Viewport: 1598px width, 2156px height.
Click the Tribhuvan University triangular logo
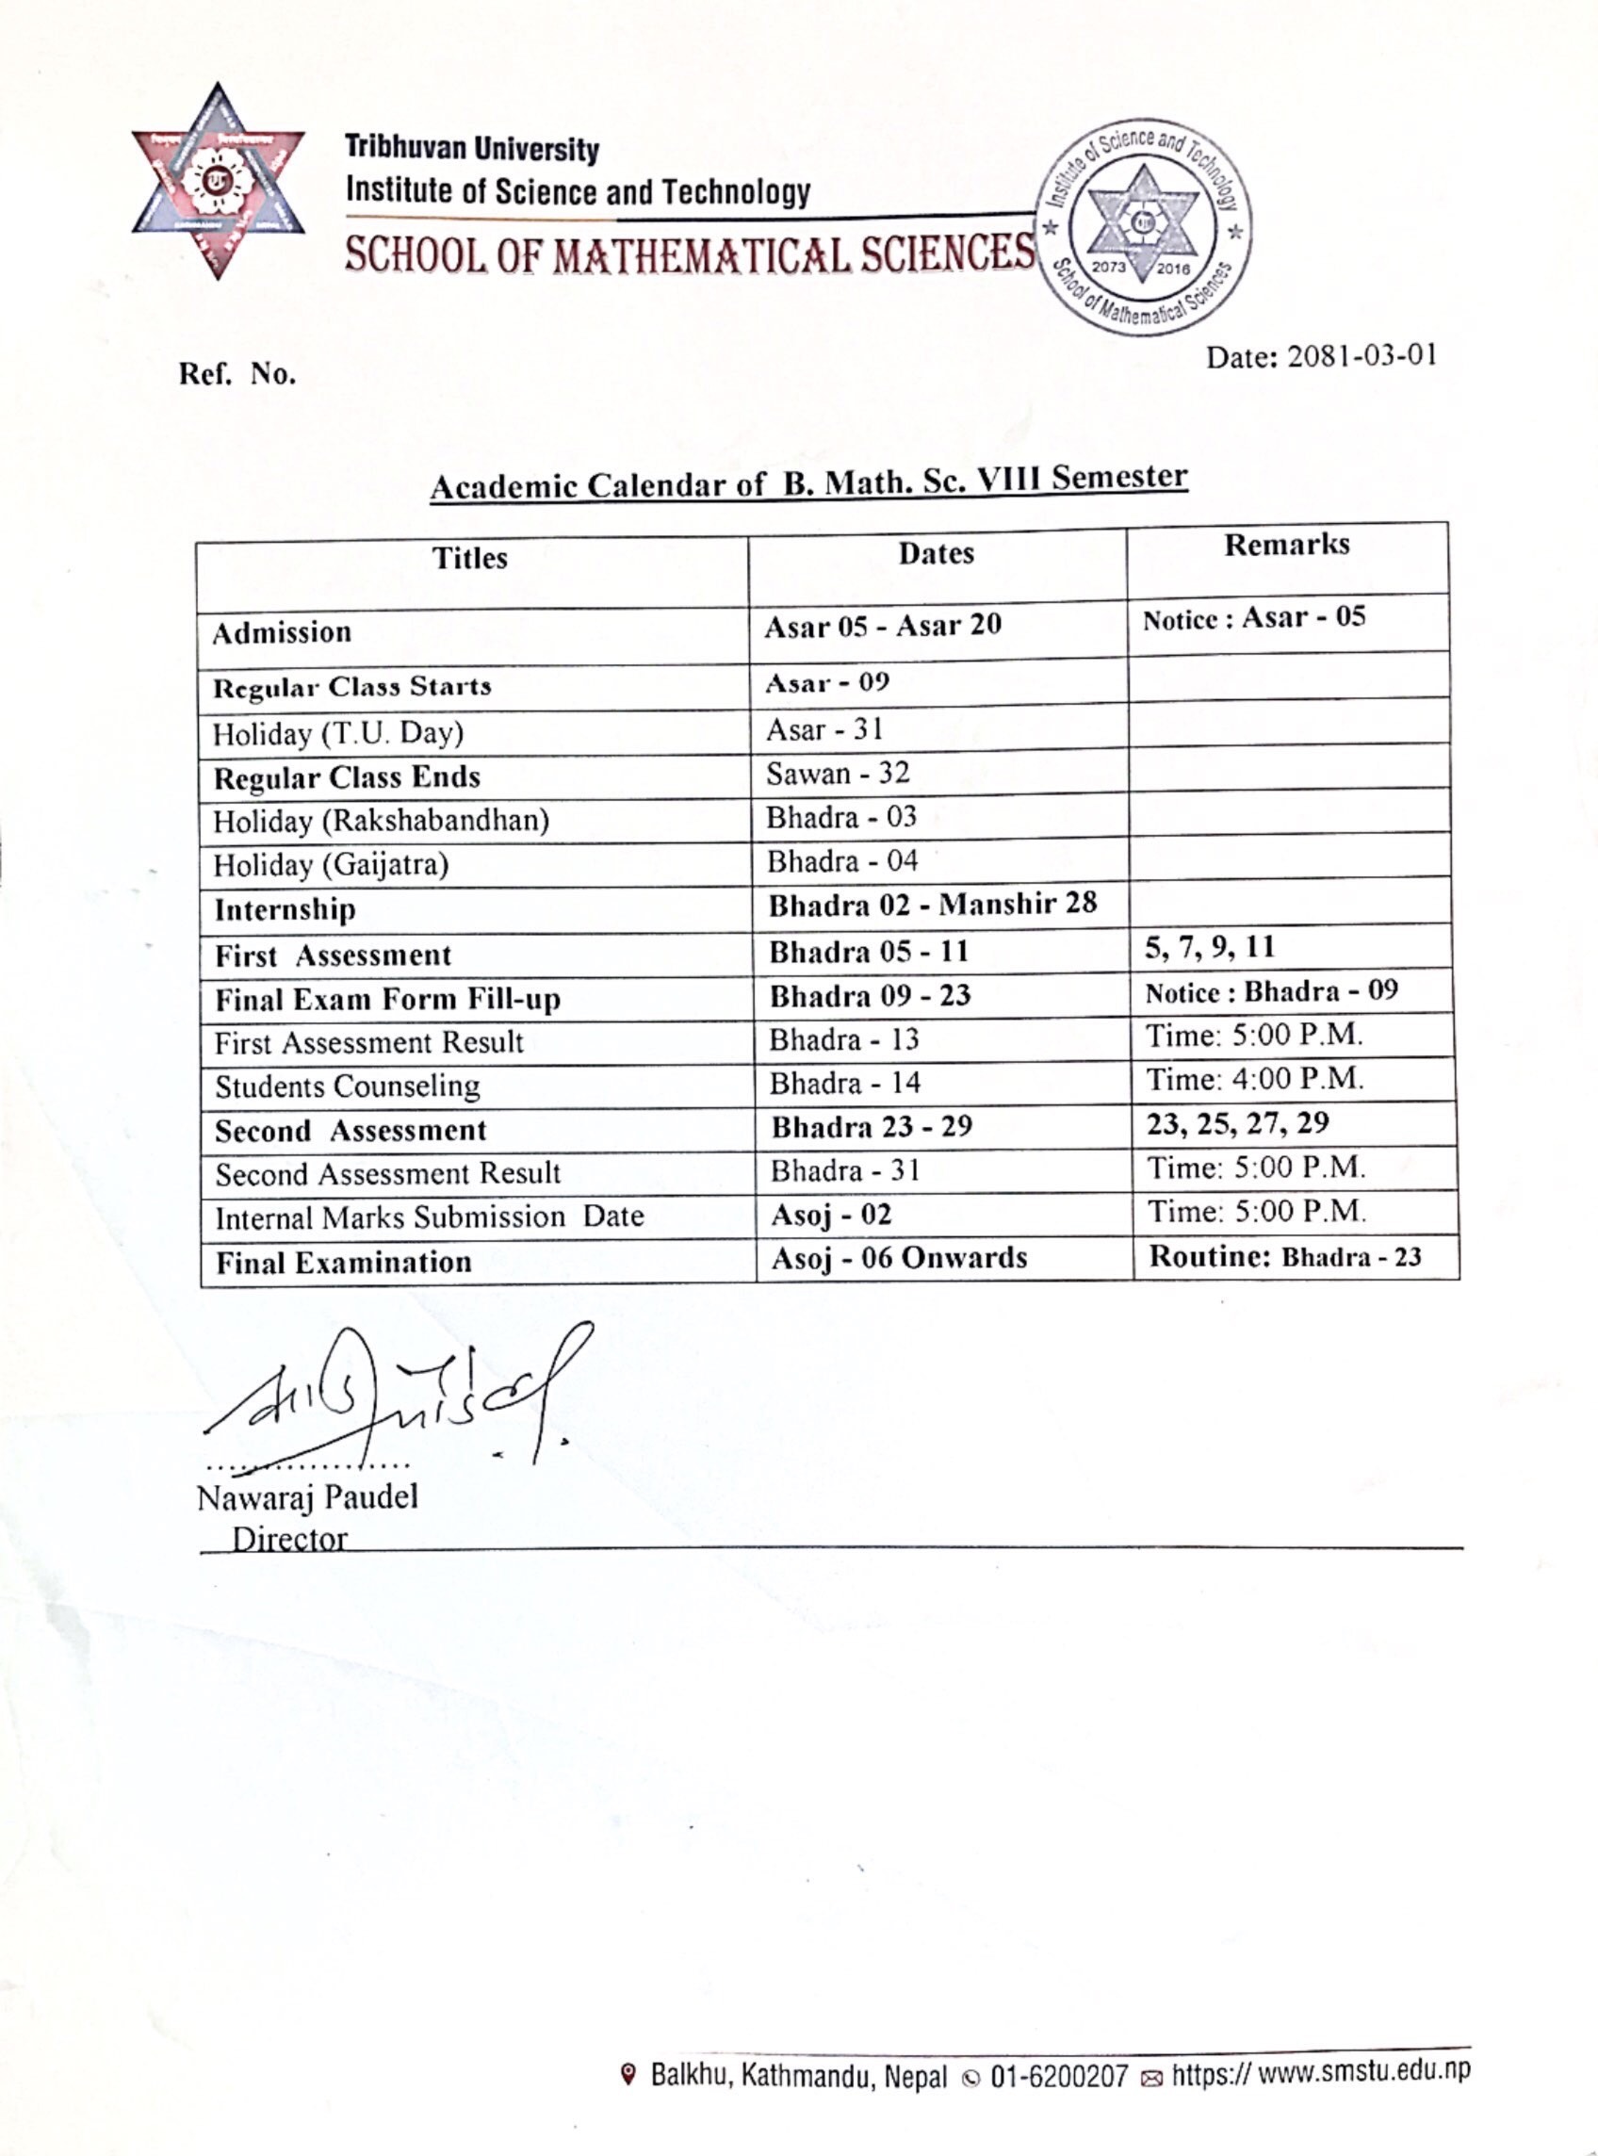click(x=218, y=182)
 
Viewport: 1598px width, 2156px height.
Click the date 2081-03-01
click(x=1320, y=358)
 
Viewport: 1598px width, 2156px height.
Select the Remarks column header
click(x=1285, y=545)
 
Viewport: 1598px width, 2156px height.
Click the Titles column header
click(x=469, y=558)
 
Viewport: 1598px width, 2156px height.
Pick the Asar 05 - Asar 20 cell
click(x=882, y=626)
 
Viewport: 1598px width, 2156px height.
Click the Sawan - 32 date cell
click(x=838, y=774)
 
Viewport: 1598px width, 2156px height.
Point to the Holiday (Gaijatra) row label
click(x=331, y=864)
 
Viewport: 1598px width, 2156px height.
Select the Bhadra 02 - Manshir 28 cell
click(x=933, y=906)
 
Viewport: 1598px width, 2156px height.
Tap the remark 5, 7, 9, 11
click(x=1209, y=947)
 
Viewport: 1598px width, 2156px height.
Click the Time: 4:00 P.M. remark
click(x=1255, y=1079)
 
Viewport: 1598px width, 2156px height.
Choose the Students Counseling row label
click(x=348, y=1086)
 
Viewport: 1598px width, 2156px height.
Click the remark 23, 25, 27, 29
click(x=1237, y=1123)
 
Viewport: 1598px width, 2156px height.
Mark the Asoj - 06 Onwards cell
click(x=899, y=1258)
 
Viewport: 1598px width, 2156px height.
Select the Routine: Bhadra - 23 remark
click(x=1284, y=1256)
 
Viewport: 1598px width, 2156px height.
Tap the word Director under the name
click(x=289, y=1539)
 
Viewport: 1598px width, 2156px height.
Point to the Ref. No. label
click(x=237, y=374)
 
